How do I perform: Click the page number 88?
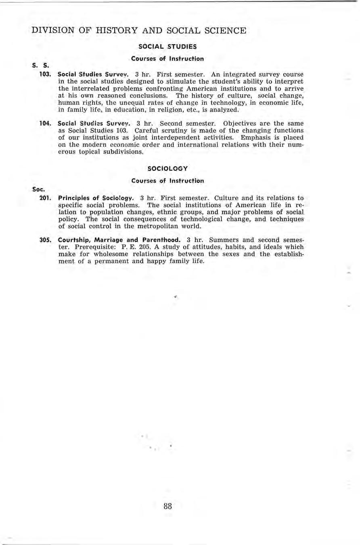pos(168,506)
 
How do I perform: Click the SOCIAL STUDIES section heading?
pos(167,47)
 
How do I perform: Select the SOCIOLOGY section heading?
pos(167,168)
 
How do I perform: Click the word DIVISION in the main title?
pos(52,30)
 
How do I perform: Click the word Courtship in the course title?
pos(73,240)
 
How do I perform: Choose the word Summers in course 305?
pos(221,240)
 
